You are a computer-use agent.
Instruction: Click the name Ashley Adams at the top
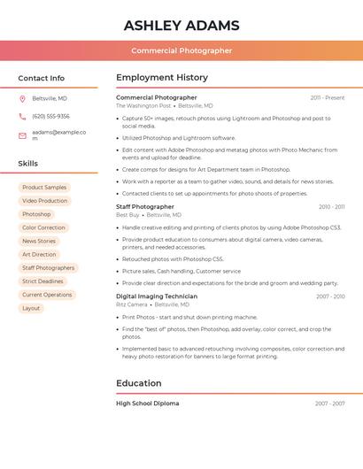pos(181,25)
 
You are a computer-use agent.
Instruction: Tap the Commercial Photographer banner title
pos(181,50)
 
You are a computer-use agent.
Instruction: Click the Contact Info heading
pos(41,78)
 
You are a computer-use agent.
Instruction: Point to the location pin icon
pos(22,99)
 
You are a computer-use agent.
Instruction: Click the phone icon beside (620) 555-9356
pos(22,117)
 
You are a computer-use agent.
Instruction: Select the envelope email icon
pos(22,135)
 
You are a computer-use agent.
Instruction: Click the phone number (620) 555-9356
pos(50,117)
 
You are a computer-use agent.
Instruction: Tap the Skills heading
pos(27,164)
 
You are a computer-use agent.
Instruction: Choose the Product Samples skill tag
pos(44,188)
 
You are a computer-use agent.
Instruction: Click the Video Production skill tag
pos(44,201)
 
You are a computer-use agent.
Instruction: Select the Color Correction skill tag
pos(43,227)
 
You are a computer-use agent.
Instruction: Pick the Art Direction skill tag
pos(39,254)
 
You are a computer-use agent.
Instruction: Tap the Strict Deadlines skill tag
pos(42,281)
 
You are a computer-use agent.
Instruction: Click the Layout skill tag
pos(31,308)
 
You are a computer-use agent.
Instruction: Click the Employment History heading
pos(162,78)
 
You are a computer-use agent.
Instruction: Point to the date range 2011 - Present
pos(328,97)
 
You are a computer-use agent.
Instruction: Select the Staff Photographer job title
pos(145,206)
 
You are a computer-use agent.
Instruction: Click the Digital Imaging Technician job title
pos(157,296)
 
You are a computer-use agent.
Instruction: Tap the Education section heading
pos(138,383)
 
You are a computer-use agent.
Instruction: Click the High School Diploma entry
pos(147,404)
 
